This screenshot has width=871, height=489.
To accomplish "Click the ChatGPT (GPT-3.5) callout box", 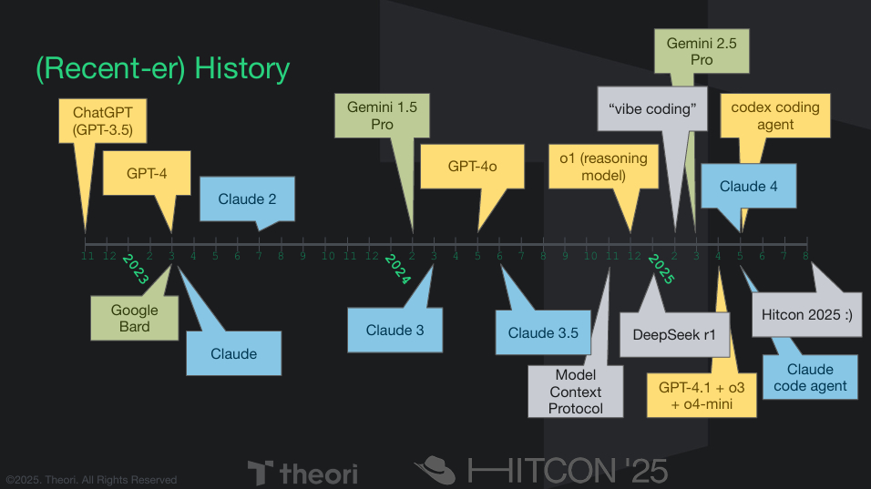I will [x=103, y=121].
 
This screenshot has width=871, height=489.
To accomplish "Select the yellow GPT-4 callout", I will [x=146, y=173].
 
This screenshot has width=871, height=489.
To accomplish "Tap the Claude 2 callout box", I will [x=247, y=199].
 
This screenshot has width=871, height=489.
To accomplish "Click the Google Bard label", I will [x=134, y=318].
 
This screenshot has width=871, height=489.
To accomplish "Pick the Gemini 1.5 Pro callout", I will [x=382, y=116].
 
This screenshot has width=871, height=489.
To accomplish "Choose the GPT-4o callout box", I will [x=472, y=167].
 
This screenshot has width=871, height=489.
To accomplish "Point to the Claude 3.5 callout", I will [x=543, y=332].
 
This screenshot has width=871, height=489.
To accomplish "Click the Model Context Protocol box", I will [x=575, y=392].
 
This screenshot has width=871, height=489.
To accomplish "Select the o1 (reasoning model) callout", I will [x=603, y=166].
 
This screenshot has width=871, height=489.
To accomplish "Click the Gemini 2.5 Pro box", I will [x=702, y=51].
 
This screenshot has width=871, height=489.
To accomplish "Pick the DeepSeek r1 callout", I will [x=674, y=334].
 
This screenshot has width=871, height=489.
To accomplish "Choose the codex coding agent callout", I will [x=775, y=116].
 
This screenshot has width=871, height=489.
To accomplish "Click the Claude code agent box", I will [x=810, y=378].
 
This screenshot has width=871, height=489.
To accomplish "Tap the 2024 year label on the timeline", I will [x=398, y=269].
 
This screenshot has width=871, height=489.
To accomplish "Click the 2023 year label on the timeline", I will [x=135, y=269].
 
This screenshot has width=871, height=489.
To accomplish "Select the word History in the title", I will [x=242, y=69].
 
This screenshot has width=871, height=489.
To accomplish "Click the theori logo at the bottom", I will [x=303, y=473].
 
